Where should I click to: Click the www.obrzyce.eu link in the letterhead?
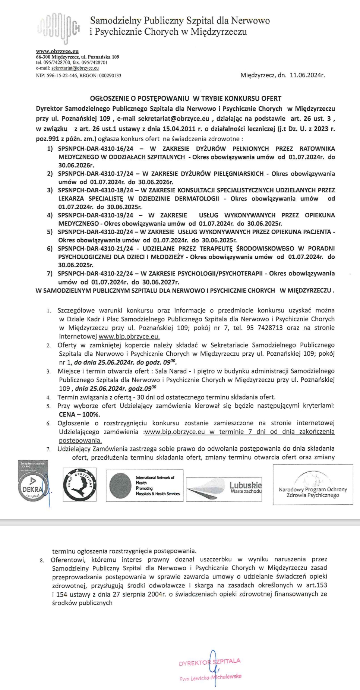(x=57, y=51)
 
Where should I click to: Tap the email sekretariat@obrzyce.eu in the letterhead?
(x=75, y=68)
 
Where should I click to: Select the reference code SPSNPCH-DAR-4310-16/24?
(x=95, y=148)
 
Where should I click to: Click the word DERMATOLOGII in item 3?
(x=197, y=199)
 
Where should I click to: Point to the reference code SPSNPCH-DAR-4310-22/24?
(x=95, y=274)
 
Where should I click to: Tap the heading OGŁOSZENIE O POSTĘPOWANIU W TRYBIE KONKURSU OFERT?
(x=186, y=98)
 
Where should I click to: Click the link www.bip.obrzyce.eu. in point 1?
(x=129, y=336)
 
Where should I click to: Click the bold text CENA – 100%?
(x=79, y=415)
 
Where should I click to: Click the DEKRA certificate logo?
(x=33, y=485)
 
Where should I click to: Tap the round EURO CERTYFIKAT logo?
(x=79, y=485)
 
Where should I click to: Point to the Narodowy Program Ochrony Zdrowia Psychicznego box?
(x=313, y=485)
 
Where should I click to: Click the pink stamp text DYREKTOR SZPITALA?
(x=209, y=662)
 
